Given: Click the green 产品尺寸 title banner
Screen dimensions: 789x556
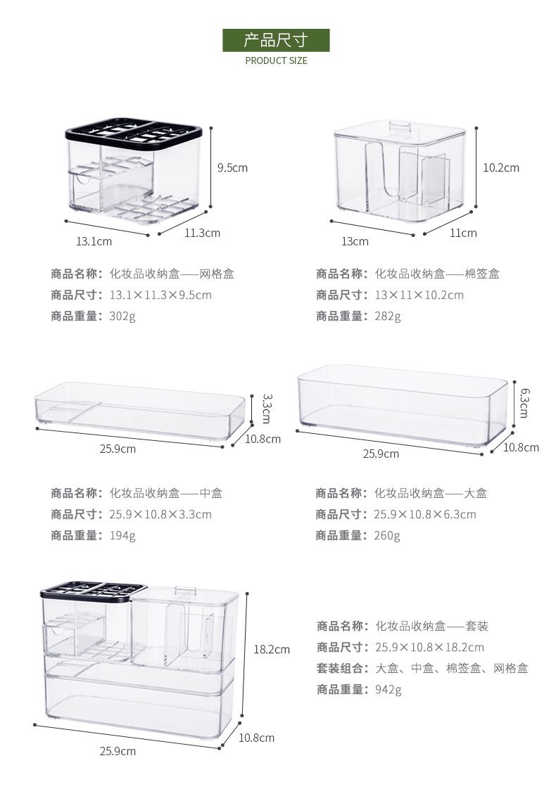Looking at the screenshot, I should (x=276, y=40).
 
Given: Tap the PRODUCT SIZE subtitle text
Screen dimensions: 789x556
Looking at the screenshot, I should (x=276, y=60).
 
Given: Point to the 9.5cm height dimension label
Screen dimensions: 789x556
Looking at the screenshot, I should (x=232, y=168).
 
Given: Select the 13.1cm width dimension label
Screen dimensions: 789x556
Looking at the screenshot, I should (x=94, y=241).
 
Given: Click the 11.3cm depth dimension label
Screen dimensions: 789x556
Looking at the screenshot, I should (x=202, y=233).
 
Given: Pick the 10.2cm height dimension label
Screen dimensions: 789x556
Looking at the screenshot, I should (x=500, y=167).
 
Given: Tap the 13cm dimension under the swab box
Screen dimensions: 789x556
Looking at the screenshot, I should (x=355, y=241).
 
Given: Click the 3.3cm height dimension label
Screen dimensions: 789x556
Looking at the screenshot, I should (x=266, y=408).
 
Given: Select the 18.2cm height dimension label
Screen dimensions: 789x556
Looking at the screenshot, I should (x=271, y=649).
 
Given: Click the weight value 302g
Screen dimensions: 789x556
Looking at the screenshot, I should (x=122, y=316).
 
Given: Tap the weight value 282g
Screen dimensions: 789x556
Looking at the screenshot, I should (x=388, y=316).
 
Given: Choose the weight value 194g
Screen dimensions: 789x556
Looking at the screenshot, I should (x=122, y=535).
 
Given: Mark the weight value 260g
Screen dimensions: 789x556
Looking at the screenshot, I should (x=387, y=535).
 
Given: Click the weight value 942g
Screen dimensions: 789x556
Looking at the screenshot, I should (x=388, y=689).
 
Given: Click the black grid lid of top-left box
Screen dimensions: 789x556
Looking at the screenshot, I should (x=134, y=131).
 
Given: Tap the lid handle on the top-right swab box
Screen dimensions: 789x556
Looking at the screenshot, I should (x=400, y=126).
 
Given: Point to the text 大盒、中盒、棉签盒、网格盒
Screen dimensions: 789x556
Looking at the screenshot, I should (x=452, y=668).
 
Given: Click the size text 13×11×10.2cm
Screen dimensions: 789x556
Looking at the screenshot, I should (x=419, y=295).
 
